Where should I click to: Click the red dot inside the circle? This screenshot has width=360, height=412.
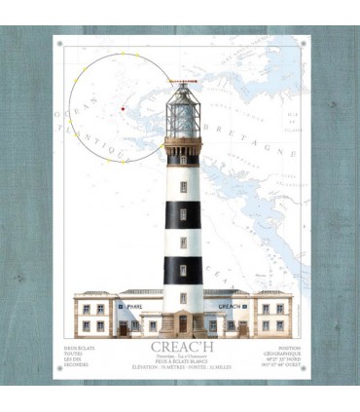123,109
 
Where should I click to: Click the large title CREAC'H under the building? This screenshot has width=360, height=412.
180,346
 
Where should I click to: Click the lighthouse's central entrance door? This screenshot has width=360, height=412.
182,322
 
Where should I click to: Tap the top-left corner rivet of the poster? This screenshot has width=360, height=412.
58,43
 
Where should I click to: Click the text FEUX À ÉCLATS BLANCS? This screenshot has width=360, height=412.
180,360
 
